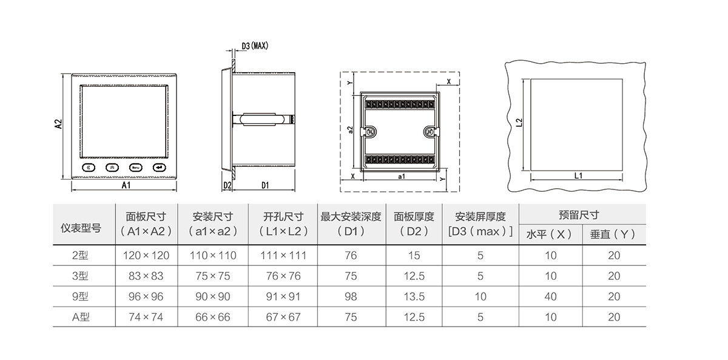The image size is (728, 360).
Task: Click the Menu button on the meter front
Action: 135,168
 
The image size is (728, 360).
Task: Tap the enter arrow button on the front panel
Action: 159,168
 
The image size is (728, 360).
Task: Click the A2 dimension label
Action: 58,124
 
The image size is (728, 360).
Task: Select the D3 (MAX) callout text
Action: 255,46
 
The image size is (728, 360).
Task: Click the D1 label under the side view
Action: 265,185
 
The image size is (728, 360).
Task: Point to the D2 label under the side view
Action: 227,185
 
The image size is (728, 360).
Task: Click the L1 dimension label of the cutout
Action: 578,175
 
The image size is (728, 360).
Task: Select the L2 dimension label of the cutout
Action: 519,123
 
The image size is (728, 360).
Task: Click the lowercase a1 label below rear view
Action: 401,176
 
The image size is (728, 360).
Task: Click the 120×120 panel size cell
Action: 146,256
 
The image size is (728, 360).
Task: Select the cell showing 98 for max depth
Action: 351,297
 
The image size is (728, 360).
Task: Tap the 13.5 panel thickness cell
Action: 414,297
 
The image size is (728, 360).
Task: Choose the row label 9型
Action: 81,297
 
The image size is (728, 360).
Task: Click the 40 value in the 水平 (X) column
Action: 550,297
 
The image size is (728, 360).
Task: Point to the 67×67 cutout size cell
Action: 283,317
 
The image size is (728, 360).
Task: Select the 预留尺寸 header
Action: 579,215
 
